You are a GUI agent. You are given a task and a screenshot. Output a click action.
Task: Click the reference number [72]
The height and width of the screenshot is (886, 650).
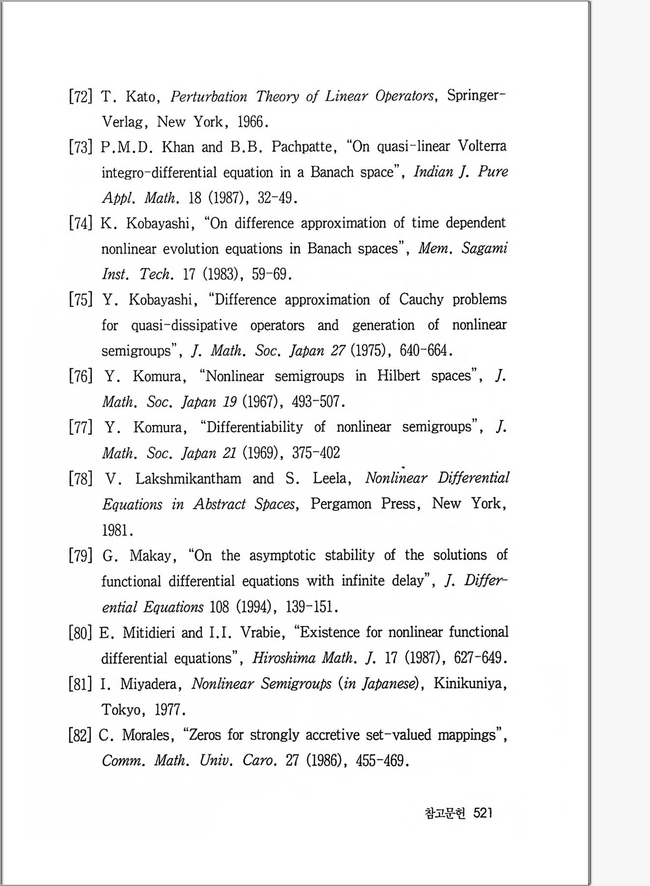click(80, 96)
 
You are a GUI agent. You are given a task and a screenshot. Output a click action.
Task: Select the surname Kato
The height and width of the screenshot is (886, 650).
click(141, 96)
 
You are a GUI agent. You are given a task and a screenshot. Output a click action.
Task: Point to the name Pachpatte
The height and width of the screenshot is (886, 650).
click(304, 147)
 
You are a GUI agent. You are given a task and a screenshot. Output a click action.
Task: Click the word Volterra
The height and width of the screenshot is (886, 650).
click(482, 146)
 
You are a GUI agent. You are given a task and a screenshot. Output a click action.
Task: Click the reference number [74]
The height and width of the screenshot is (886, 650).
click(80, 223)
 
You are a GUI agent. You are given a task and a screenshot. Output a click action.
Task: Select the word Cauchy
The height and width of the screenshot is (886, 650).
click(421, 299)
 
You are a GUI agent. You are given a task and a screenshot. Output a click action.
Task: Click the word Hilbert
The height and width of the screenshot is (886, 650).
click(398, 376)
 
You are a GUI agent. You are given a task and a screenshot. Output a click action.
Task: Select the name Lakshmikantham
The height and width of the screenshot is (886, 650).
click(188, 478)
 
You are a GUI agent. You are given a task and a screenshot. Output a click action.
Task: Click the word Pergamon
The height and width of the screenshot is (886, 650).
click(341, 504)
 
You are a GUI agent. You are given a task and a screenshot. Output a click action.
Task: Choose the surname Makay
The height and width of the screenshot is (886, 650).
click(150, 556)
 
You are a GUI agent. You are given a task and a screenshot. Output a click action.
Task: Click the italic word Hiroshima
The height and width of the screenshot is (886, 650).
click(284, 658)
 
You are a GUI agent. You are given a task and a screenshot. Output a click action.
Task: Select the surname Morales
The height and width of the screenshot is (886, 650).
click(146, 735)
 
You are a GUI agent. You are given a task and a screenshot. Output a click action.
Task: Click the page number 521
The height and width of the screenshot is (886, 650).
click(483, 813)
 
